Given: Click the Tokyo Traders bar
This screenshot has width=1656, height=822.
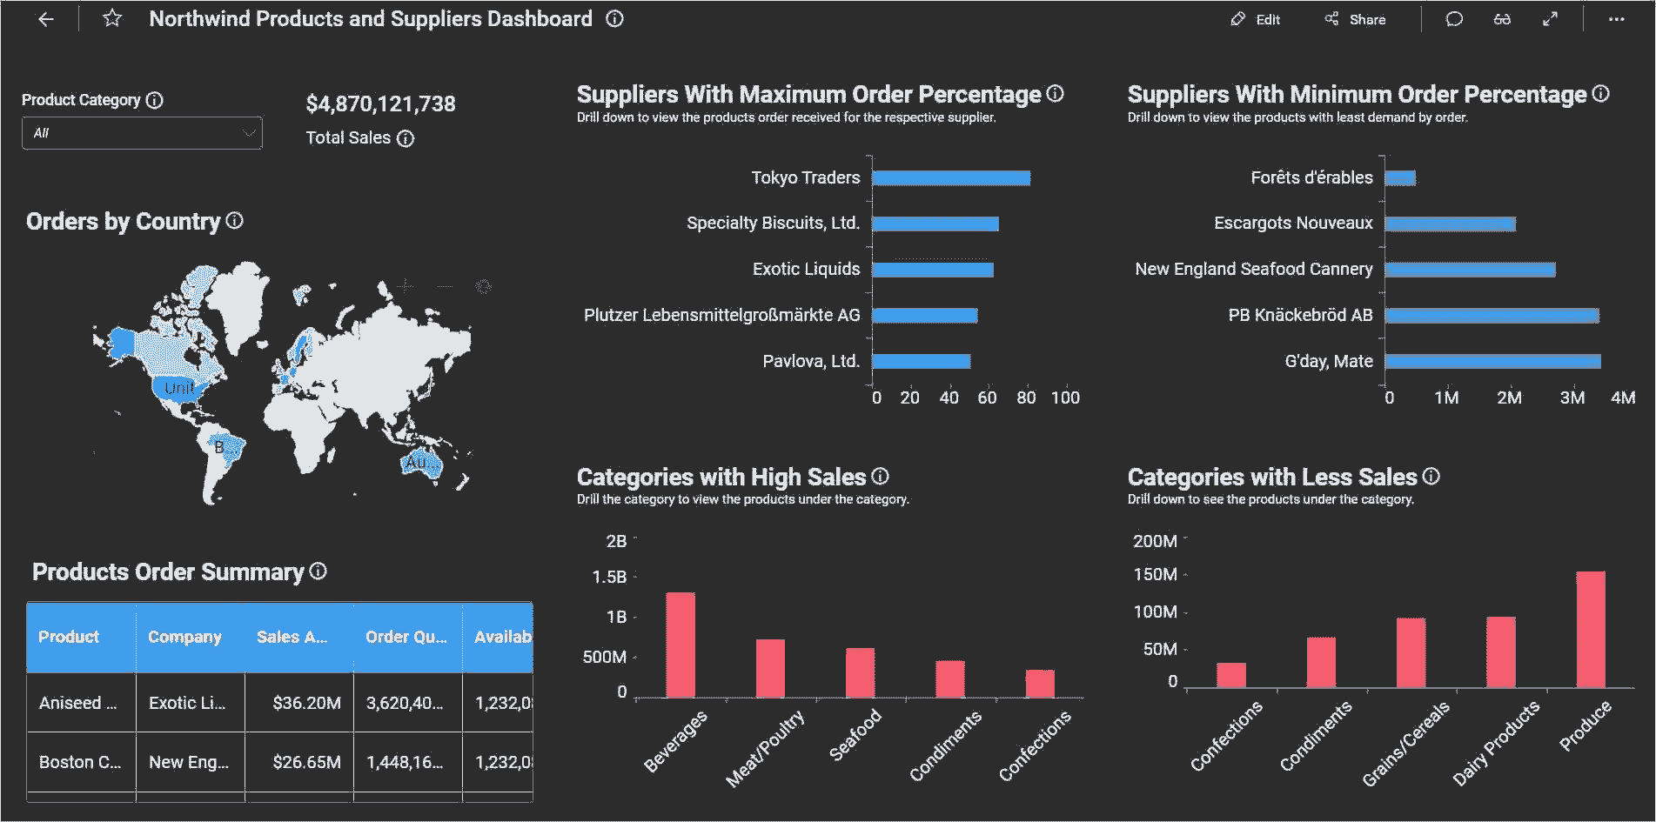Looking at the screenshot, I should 950,178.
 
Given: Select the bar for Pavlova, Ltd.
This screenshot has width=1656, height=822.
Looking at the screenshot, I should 921,361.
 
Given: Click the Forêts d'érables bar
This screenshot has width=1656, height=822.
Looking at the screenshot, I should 1400,178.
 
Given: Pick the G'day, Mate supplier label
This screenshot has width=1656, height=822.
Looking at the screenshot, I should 1328,361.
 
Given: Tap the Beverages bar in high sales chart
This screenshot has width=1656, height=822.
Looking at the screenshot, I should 681,645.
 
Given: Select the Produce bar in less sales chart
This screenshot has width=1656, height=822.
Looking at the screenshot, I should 1590,629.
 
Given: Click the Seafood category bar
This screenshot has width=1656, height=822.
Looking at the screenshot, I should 860,672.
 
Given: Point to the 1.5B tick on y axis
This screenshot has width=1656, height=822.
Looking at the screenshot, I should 609,577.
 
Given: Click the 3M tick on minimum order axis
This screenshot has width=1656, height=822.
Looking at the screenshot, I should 1572,398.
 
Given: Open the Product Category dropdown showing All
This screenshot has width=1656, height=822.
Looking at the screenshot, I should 142,133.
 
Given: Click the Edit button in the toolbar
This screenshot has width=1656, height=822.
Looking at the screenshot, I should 1256,19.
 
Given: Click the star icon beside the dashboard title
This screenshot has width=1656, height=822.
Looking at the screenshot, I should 112,18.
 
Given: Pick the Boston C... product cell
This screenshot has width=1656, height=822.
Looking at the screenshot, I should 80,762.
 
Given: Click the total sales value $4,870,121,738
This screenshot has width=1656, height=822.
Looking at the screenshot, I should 380,104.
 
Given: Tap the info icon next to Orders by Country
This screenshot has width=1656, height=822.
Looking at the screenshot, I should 235,221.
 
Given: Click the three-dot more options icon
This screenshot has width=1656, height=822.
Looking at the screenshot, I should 1616,19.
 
